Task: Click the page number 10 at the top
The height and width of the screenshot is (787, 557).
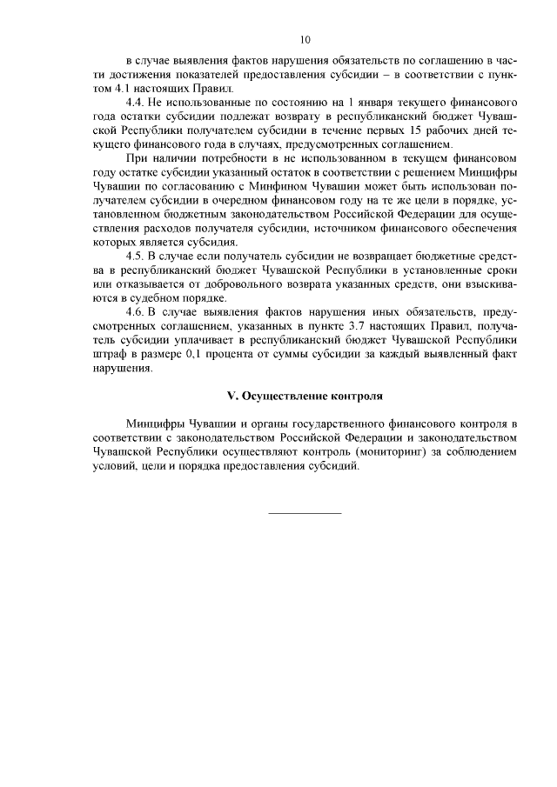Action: pyautogui.click(x=305, y=40)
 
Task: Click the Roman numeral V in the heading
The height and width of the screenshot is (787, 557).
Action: pyautogui.click(x=231, y=395)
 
